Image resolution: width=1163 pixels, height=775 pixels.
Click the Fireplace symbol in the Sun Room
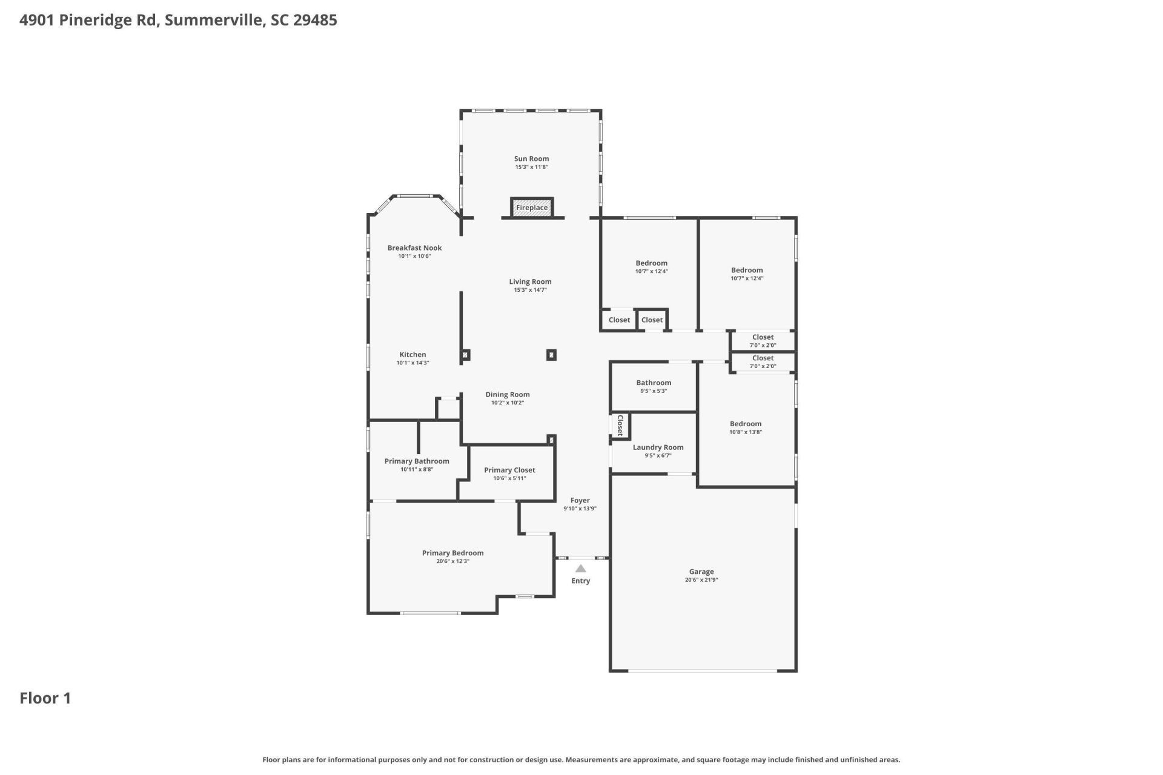531,207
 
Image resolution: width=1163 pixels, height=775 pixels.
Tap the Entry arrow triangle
580,569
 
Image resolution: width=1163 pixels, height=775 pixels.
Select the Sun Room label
531,159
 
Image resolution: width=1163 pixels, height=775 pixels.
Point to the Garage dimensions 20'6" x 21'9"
701,580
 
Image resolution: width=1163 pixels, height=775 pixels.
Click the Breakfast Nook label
414,248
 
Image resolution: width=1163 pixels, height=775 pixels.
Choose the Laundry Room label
658,447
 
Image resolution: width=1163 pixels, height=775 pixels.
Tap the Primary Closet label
509,470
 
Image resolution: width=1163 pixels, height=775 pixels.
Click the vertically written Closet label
620,425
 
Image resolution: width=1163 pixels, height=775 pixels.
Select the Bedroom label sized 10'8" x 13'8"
745,424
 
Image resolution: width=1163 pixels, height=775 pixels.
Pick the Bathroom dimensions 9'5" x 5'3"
654,391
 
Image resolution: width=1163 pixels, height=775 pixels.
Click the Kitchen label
413,355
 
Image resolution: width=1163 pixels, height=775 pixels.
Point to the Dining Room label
507,394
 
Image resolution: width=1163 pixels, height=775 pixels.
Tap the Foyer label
580,500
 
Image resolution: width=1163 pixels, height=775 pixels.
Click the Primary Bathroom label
417,461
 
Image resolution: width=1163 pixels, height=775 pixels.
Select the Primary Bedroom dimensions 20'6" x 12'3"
452,561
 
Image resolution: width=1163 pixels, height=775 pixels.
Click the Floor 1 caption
45,698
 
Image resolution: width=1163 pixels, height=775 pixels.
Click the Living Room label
530,282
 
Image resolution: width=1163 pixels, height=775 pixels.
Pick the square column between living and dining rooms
551,355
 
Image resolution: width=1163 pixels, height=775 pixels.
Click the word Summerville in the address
214,20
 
